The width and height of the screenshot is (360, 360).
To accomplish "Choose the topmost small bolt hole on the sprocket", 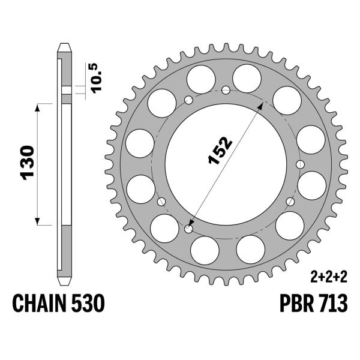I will tap(226, 90).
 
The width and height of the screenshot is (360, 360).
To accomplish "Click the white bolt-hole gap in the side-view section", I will tap(65, 91).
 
